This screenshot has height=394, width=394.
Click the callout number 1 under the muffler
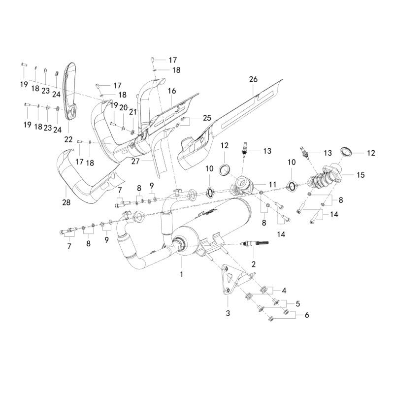click(x=181, y=274)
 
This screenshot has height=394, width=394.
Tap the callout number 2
click(x=254, y=264)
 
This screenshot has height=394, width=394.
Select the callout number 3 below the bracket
click(x=228, y=313)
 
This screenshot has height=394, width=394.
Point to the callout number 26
click(x=253, y=79)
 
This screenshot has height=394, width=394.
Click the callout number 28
click(x=66, y=202)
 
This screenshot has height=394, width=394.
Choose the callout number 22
click(x=68, y=139)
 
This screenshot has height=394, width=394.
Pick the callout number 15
click(x=361, y=175)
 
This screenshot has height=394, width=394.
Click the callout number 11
click(x=273, y=185)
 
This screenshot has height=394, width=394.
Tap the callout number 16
click(x=172, y=91)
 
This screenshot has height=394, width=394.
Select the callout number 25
click(x=207, y=118)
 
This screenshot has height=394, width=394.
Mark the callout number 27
click(x=135, y=161)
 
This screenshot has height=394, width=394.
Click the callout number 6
click(x=306, y=315)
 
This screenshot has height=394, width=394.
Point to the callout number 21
click(x=132, y=112)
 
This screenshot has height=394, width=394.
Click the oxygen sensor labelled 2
click(x=254, y=243)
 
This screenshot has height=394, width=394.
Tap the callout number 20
click(x=124, y=107)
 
